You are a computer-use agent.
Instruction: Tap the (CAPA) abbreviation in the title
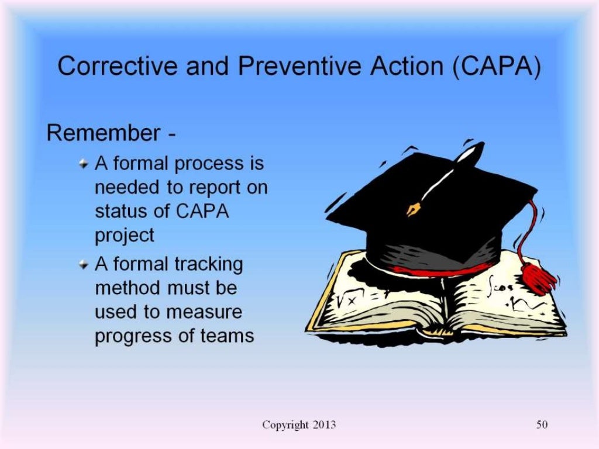pyautogui.click(x=495, y=67)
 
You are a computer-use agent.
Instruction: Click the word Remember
pyautogui.click(x=103, y=133)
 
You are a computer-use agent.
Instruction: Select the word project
pyautogui.click(x=125, y=236)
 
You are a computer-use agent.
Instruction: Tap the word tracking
pyautogui.click(x=209, y=264)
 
